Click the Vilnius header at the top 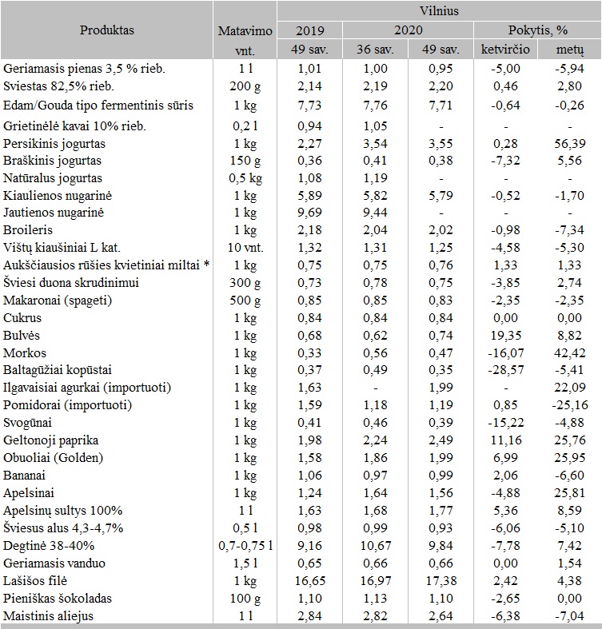(x=438, y=12)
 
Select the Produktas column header (x=107, y=30)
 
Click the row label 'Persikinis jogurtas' (x=55, y=144)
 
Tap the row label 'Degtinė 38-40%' (x=49, y=546)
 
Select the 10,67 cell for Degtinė (x=373, y=546)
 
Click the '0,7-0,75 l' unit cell (x=245, y=546)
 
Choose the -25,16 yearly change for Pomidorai (x=570, y=405)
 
